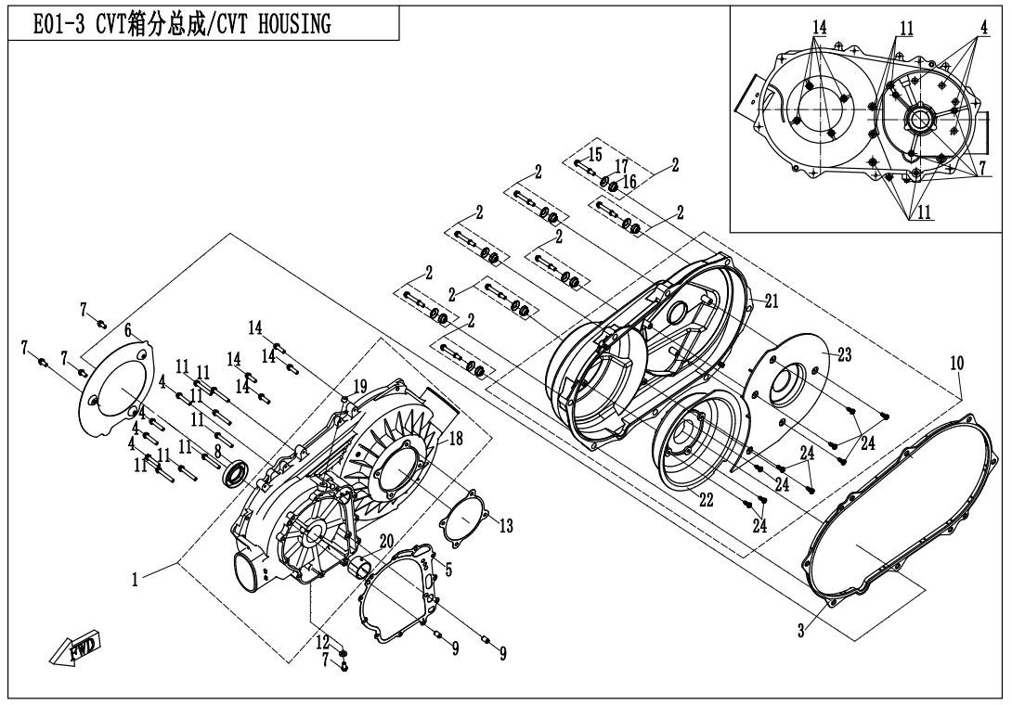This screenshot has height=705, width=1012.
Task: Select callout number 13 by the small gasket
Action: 506,525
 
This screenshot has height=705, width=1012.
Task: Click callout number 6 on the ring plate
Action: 129,329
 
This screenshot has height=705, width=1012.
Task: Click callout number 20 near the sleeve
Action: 387,540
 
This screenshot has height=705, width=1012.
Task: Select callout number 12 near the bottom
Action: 321,642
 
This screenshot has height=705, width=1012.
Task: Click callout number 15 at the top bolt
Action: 595,152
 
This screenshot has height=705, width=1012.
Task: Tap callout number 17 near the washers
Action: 621,164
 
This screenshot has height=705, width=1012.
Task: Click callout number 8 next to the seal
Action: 217,451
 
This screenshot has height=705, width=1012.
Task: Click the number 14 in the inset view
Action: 818,29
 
